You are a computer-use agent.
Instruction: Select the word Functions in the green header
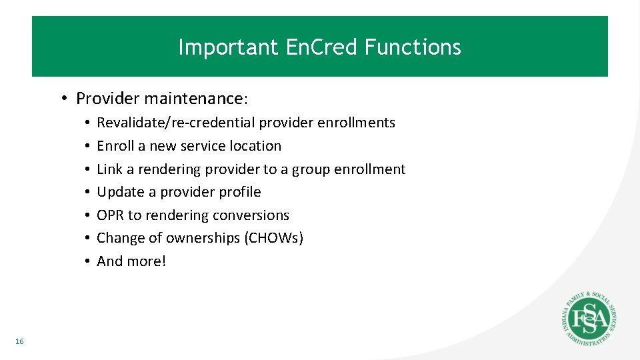(x=412, y=47)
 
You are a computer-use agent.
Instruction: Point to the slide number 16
(x=19, y=341)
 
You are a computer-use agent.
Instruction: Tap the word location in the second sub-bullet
(x=255, y=146)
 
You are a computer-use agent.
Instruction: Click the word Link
(x=110, y=169)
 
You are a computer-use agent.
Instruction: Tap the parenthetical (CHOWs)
(x=275, y=238)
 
